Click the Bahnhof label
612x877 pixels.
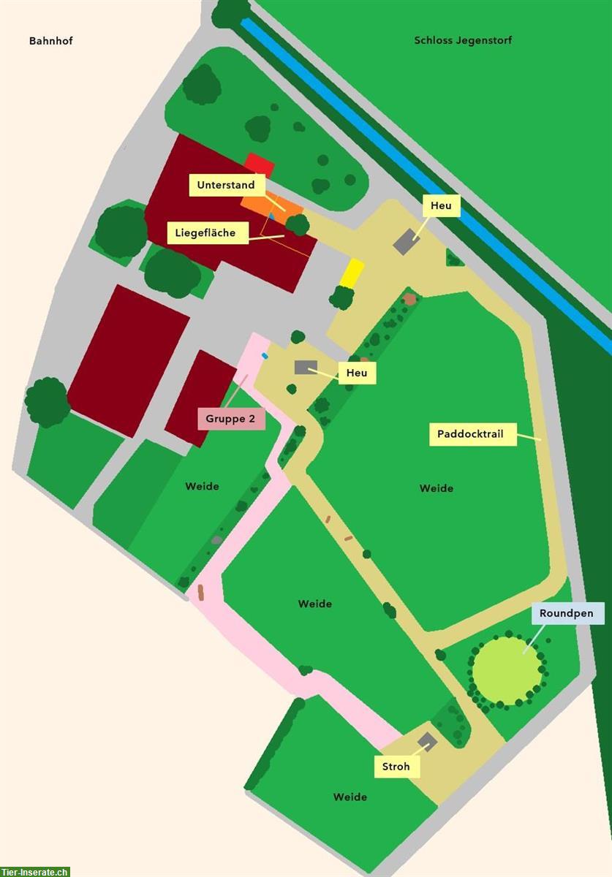pyautogui.click(x=51, y=41)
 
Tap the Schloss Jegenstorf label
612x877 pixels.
pyautogui.click(x=463, y=40)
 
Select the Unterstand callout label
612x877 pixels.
pyautogui.click(x=226, y=185)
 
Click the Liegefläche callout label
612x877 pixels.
pyautogui.click(x=205, y=233)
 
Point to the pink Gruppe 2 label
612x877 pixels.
pyautogui.click(x=231, y=419)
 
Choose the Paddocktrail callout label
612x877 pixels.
pyautogui.click(x=472, y=434)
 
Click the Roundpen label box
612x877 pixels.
pyautogui.click(x=567, y=614)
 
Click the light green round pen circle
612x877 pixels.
pyautogui.click(x=507, y=671)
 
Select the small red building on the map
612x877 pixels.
pyautogui.click(x=259, y=164)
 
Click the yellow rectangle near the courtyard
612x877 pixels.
pyautogui.click(x=352, y=273)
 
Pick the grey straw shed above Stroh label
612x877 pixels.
pyautogui.click(x=427, y=743)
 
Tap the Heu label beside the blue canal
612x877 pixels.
pyautogui.click(x=441, y=206)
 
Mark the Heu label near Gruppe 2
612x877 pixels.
pyautogui.click(x=357, y=373)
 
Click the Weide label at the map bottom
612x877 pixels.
pyautogui.click(x=350, y=797)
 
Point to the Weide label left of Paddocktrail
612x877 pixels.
pyautogui.click(x=436, y=488)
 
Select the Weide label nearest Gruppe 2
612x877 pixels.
pyautogui.click(x=202, y=486)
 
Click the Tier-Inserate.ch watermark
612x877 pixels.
pyautogui.click(x=35, y=871)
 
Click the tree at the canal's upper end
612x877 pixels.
pyautogui.click(x=230, y=12)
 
